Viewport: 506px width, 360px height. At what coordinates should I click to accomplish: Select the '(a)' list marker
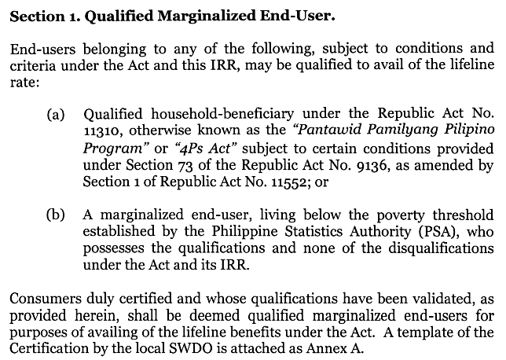tap(56, 116)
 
